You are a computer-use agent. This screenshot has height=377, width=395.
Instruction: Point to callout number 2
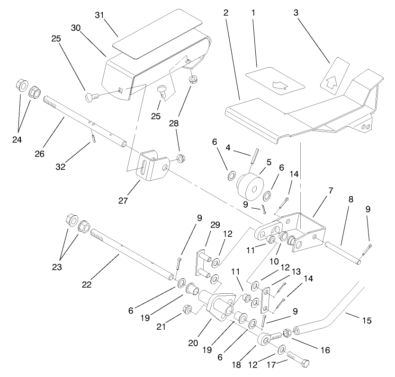(226, 12)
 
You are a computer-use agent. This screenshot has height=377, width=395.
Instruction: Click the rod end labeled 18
(263, 340)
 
